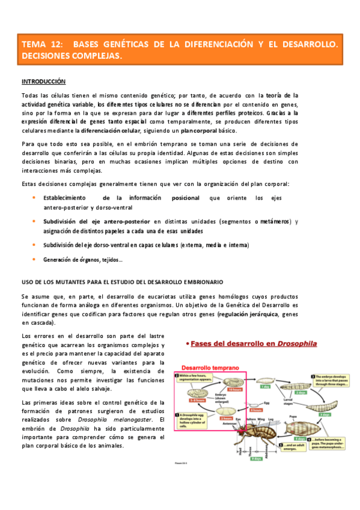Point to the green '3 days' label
pos(324,414)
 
